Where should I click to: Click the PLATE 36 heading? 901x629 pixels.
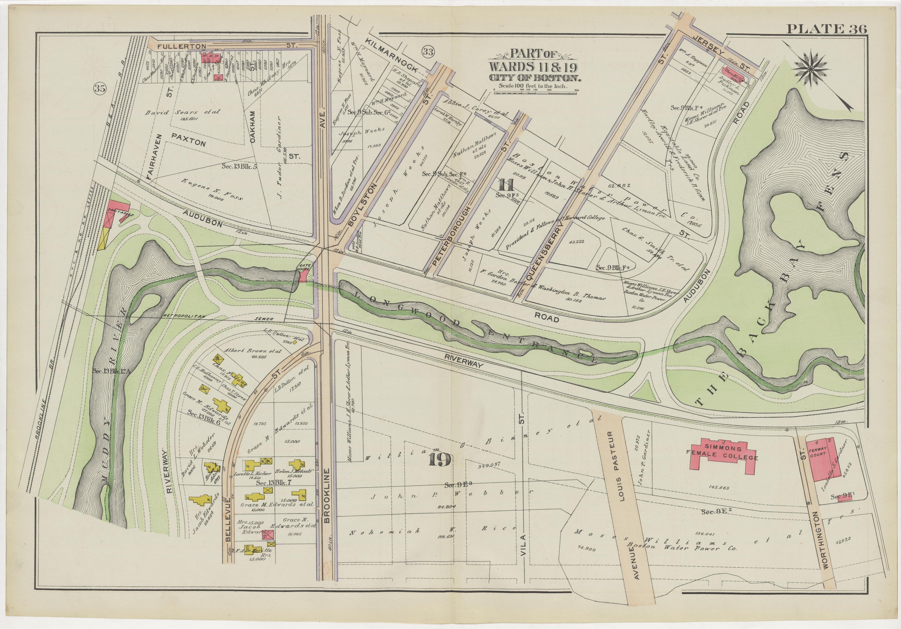(x=826, y=29)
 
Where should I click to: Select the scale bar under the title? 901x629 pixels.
(x=535, y=91)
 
